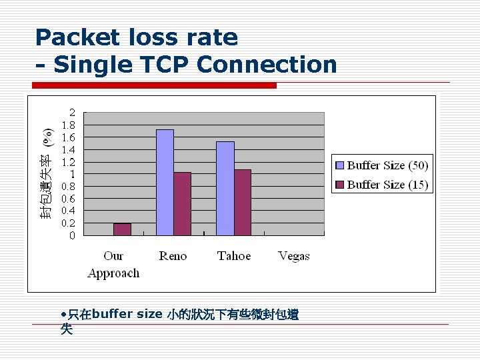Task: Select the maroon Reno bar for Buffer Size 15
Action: pos(182,203)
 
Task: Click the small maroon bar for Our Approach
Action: pos(122,229)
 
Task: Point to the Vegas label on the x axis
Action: pos(294,256)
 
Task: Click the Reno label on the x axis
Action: pos(173,256)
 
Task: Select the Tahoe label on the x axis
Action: pos(234,256)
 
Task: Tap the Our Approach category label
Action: pos(113,265)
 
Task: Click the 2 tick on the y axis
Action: pos(73,113)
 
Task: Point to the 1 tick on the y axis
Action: pos(73,174)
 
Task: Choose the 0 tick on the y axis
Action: pos(73,235)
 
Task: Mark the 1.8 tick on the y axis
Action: pos(69,125)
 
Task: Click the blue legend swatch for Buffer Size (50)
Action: pos(339,165)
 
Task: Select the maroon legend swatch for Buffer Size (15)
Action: pos(339,185)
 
